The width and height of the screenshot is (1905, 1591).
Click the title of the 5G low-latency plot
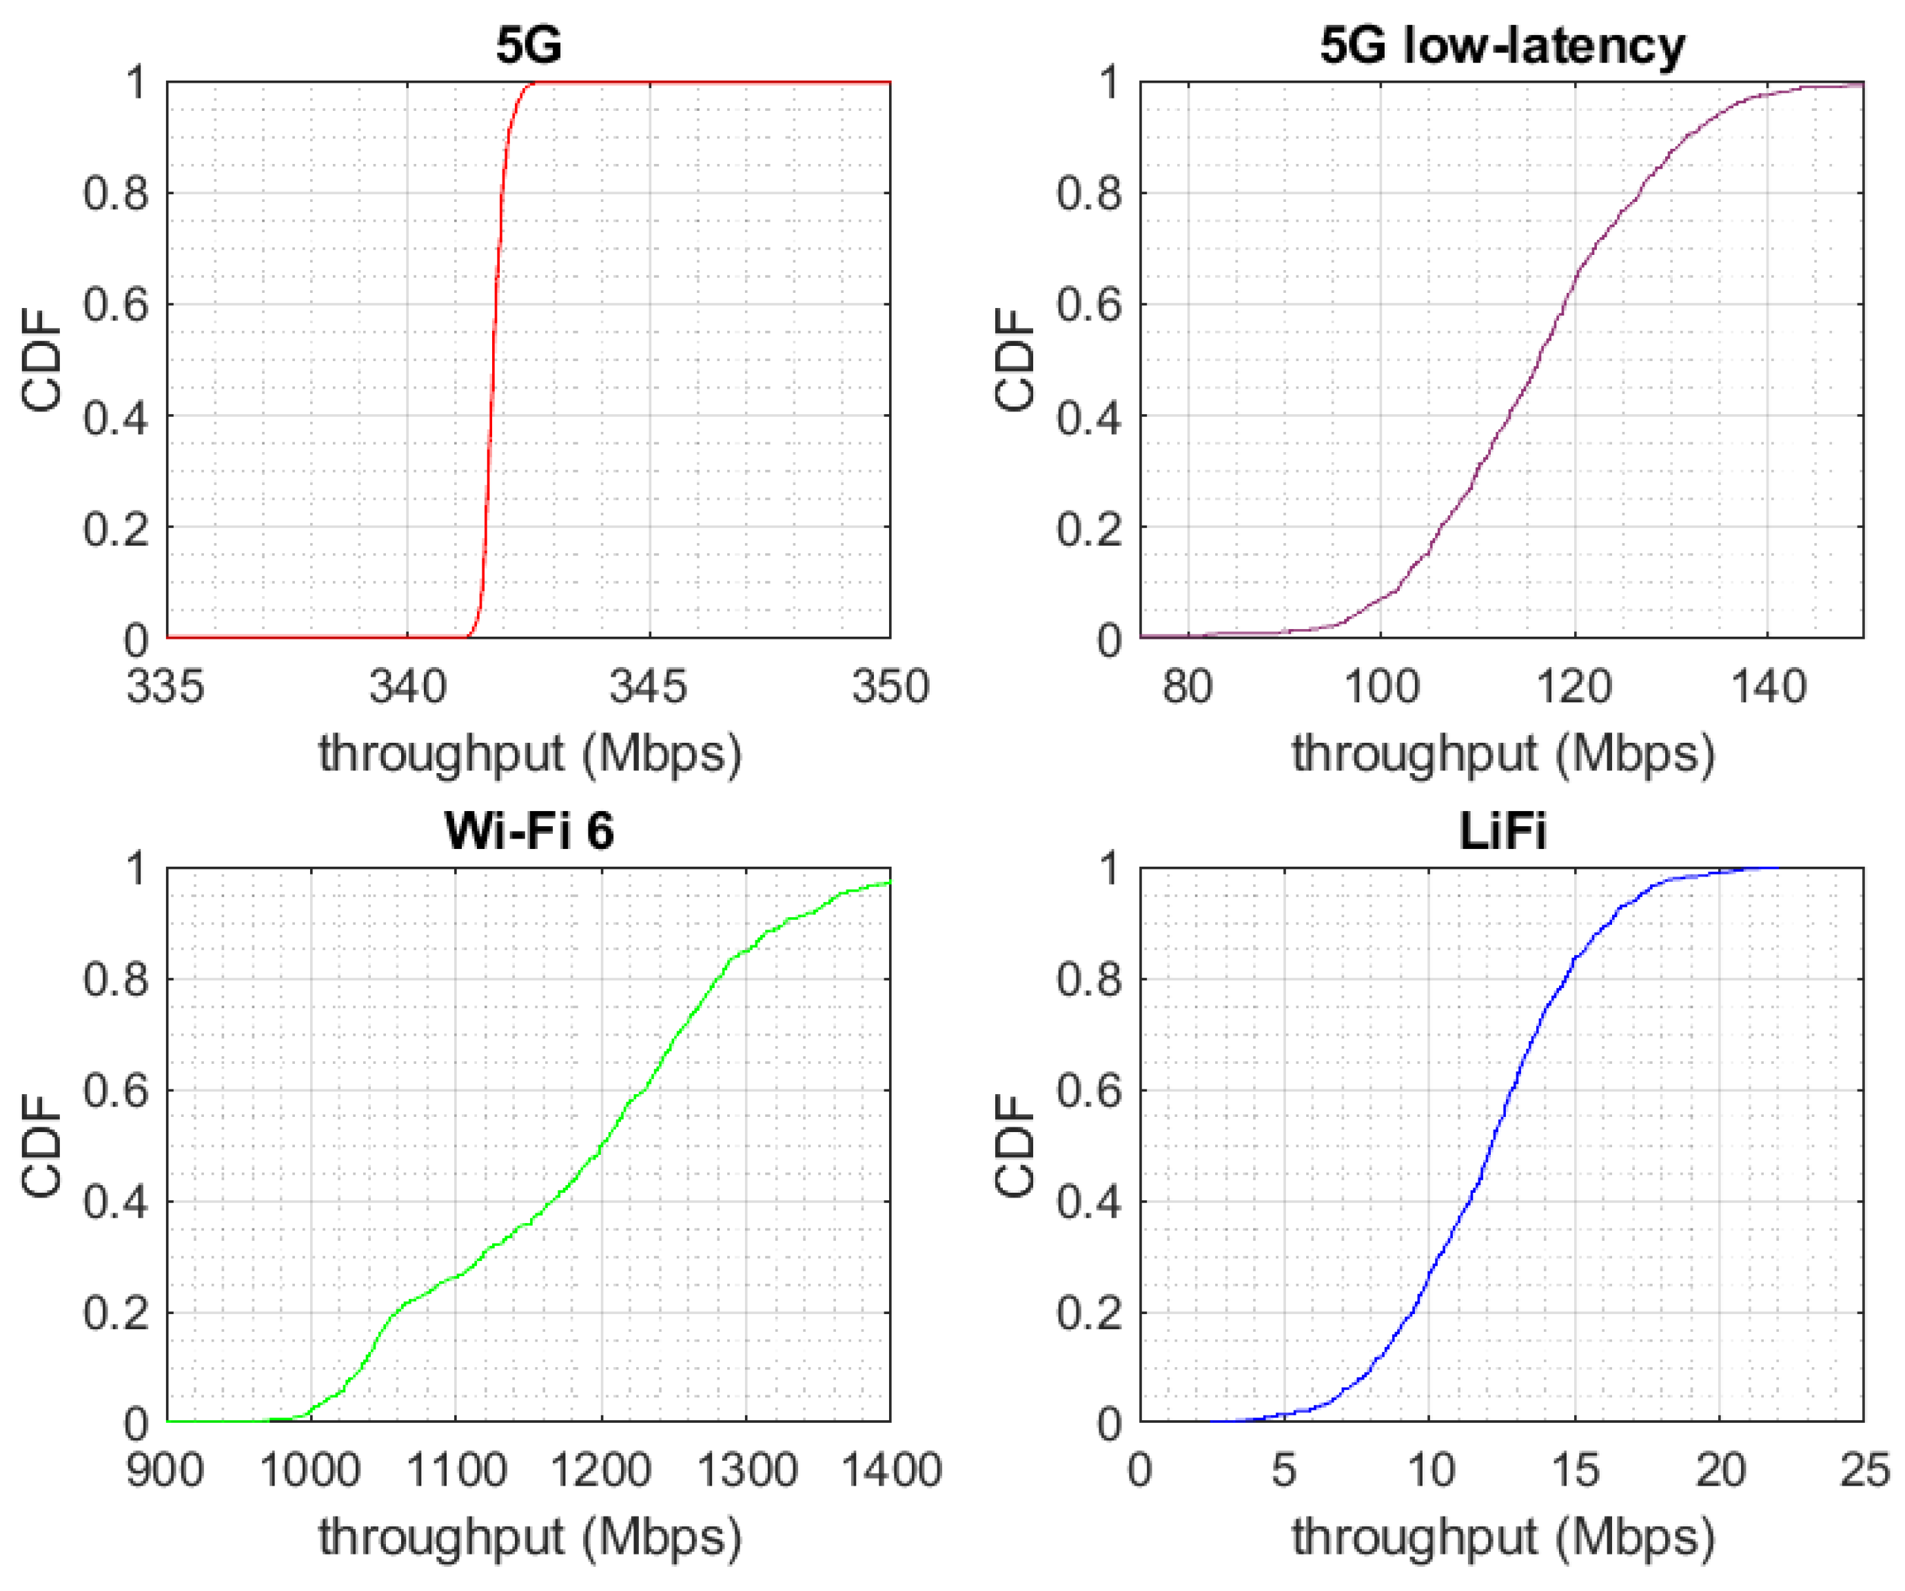coord(1501,45)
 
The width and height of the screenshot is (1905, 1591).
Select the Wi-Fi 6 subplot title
coord(529,830)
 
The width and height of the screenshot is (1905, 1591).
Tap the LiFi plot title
coord(1501,830)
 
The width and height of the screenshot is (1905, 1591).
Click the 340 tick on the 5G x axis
coord(407,687)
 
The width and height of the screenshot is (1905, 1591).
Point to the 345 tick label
coord(648,687)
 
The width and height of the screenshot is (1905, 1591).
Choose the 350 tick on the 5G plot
coord(890,687)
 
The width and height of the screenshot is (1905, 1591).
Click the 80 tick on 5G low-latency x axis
coord(1188,687)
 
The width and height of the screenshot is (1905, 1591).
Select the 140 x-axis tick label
coord(1768,687)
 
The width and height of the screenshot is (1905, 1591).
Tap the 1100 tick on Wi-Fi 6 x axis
coord(456,1470)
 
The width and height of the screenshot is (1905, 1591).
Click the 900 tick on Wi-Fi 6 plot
coord(165,1470)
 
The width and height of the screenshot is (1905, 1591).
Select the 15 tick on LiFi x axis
coord(1574,1470)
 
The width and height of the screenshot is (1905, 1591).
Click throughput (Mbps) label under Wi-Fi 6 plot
coord(529,1537)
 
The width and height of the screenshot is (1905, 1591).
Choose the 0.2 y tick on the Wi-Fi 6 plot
coord(115,1312)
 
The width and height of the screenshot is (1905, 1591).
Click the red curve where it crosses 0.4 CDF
coord(491,415)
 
